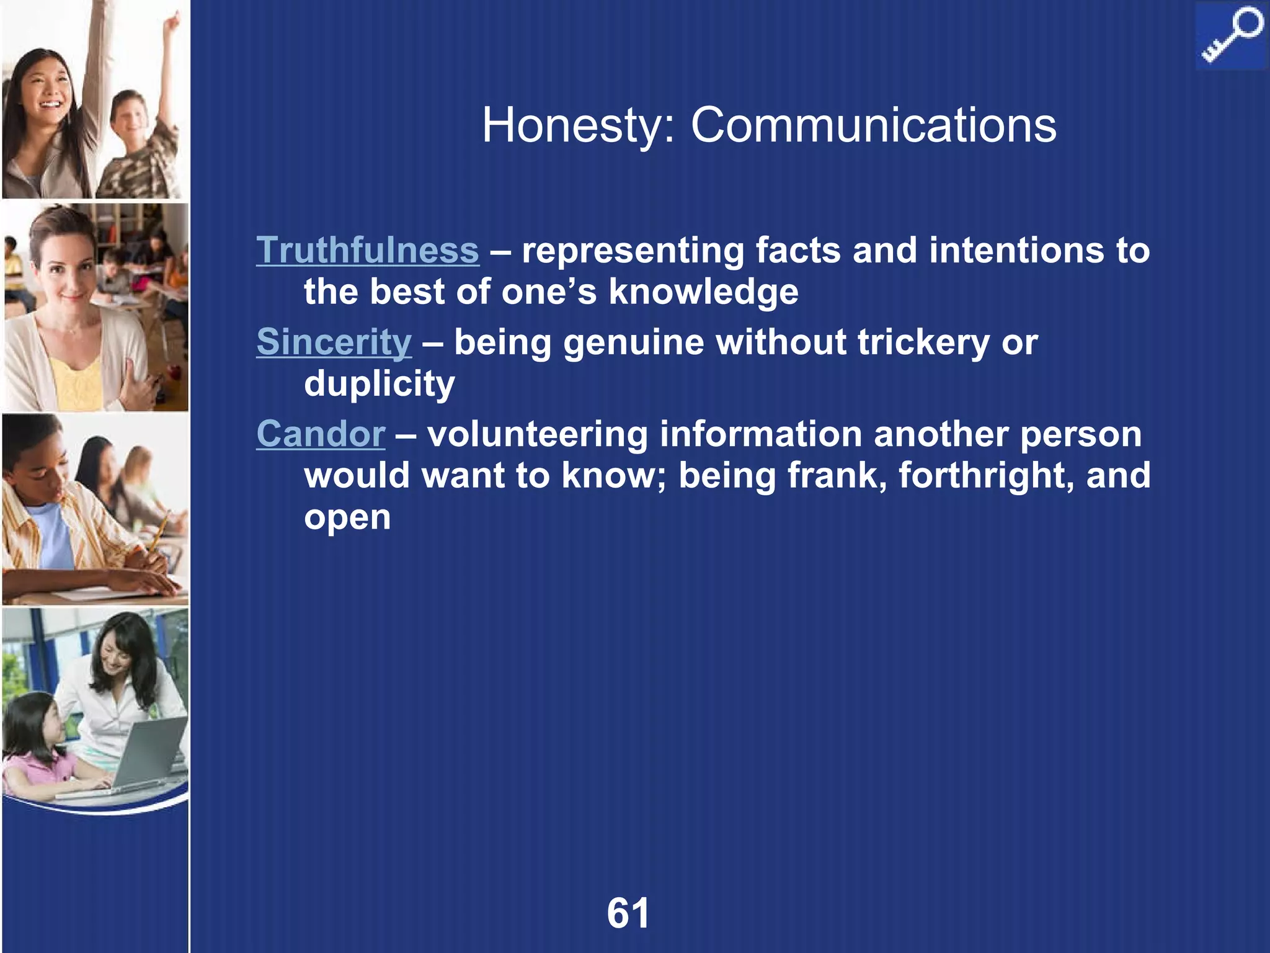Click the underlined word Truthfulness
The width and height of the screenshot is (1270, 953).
click(x=368, y=250)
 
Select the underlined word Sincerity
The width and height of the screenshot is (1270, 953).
click(x=334, y=342)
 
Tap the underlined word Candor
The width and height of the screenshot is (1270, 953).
click(x=321, y=434)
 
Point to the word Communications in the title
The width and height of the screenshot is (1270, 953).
click(x=873, y=125)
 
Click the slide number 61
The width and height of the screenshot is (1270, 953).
click(x=628, y=913)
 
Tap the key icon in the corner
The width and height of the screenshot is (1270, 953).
click(x=1230, y=36)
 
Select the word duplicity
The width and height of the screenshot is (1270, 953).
click(x=379, y=383)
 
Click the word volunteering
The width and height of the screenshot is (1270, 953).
click(x=537, y=434)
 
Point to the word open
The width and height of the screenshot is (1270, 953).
click(x=347, y=518)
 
